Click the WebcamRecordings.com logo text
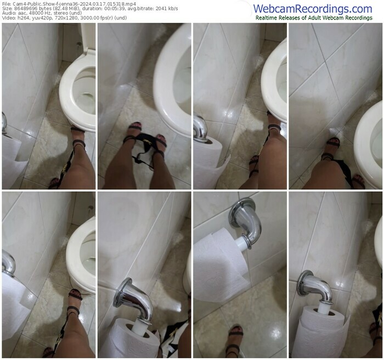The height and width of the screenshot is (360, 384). pyautogui.click(x=313, y=9)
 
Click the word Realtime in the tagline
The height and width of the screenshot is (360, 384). pyautogui.click(x=266, y=18)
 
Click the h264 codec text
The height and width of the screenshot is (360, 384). pyautogui.click(x=23, y=18)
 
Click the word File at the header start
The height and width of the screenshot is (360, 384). pyautogui.click(x=5, y=4)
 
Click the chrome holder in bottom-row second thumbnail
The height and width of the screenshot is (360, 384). pyautogui.click(x=133, y=300)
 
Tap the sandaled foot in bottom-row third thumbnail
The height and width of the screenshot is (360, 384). pyautogui.click(x=235, y=341)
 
